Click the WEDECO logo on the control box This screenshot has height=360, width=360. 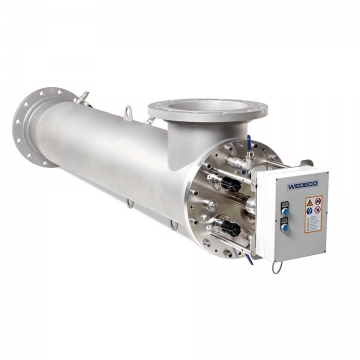pos(300,184)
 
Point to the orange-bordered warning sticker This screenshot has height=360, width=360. pos(312,209)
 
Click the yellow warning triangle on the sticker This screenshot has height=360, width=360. pos(307,203)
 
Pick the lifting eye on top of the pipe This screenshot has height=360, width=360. pos(127,111)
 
